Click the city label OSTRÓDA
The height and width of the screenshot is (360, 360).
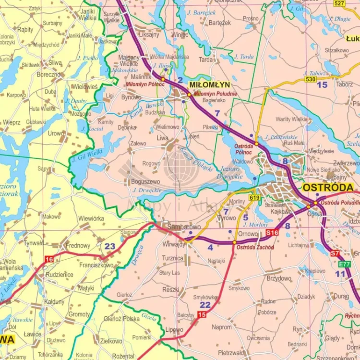pos(328,187)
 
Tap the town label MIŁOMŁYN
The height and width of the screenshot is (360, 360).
pos(209,84)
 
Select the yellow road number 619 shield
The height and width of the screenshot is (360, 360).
pos(254,197)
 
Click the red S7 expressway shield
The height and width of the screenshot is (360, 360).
pos(335,253)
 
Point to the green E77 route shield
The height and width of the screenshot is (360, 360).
pos(344,264)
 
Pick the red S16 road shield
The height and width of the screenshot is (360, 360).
pos(272,232)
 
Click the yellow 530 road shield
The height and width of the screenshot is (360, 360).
pos(310,79)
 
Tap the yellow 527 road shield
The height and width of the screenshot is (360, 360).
pos(339,3)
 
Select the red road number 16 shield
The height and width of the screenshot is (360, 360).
pos(49,259)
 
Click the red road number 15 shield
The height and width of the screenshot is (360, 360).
pos(202,314)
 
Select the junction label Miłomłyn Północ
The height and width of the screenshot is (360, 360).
pos(145,84)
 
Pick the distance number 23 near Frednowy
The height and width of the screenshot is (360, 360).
pos(110,246)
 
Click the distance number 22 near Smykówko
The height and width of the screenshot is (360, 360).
pos(205,305)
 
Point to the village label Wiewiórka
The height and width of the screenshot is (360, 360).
pos(91,218)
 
